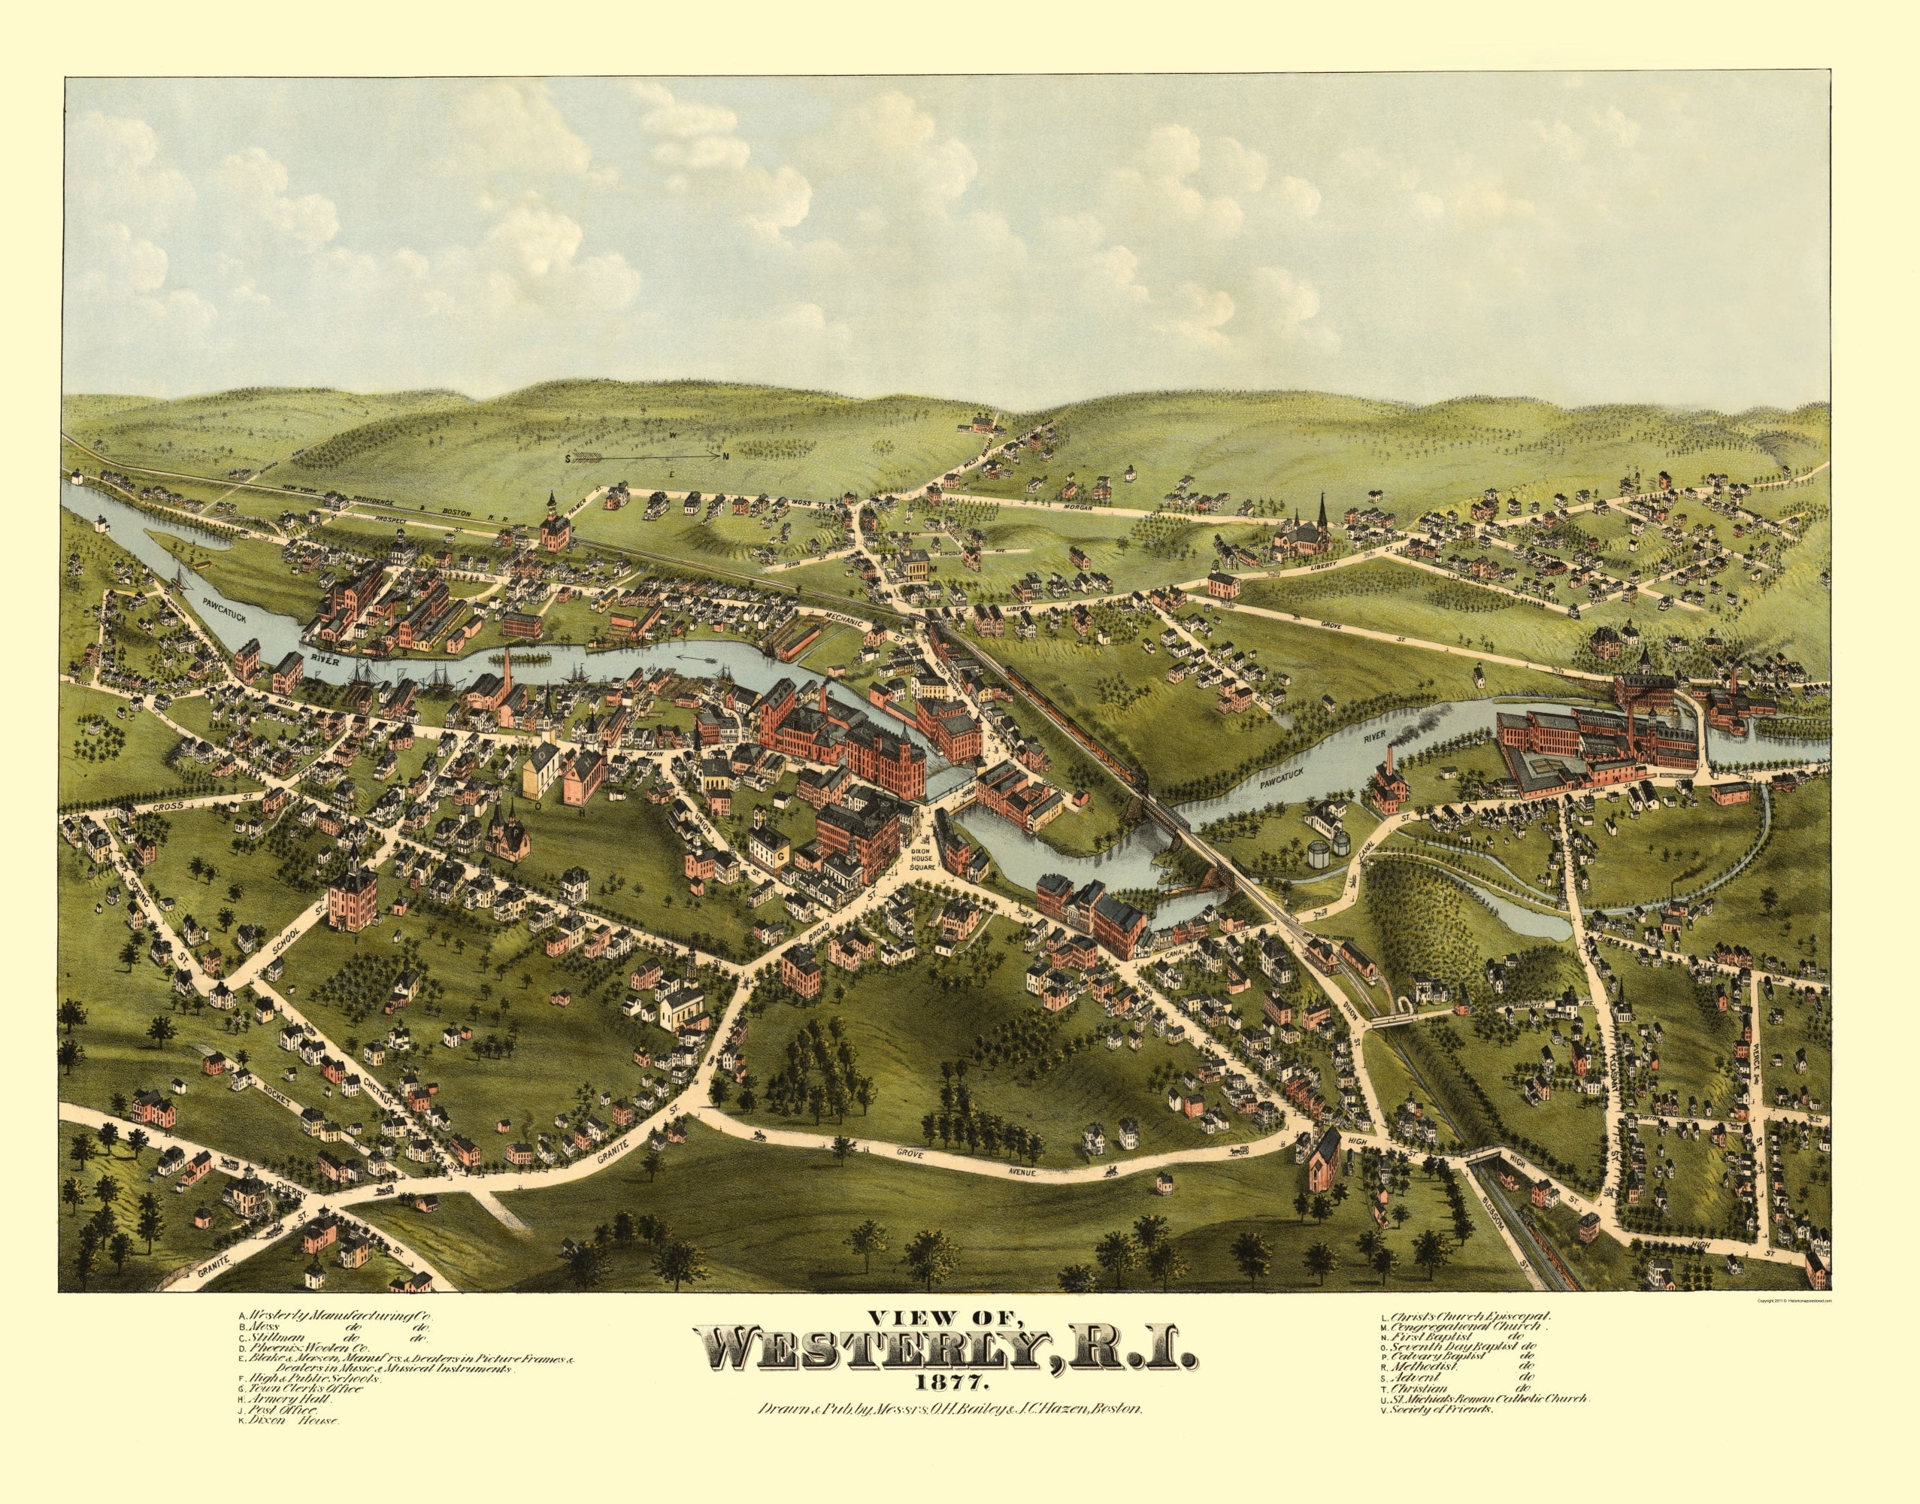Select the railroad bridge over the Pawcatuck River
[x=1160, y=814]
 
